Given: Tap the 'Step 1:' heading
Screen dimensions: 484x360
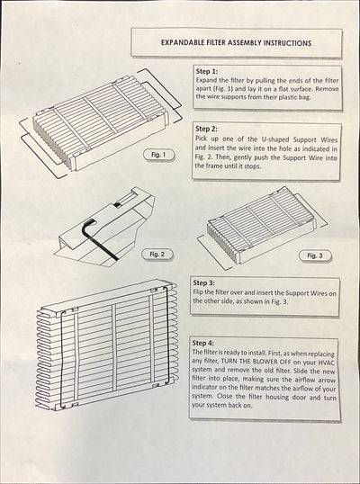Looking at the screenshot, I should coord(208,69).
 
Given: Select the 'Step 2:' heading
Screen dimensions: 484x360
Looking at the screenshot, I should coord(208,128).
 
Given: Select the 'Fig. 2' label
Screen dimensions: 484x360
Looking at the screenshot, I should coord(158,255).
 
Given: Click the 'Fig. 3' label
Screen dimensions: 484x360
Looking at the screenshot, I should coord(313,255).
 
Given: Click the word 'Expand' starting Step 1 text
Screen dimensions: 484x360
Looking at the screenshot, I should coord(207,80).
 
